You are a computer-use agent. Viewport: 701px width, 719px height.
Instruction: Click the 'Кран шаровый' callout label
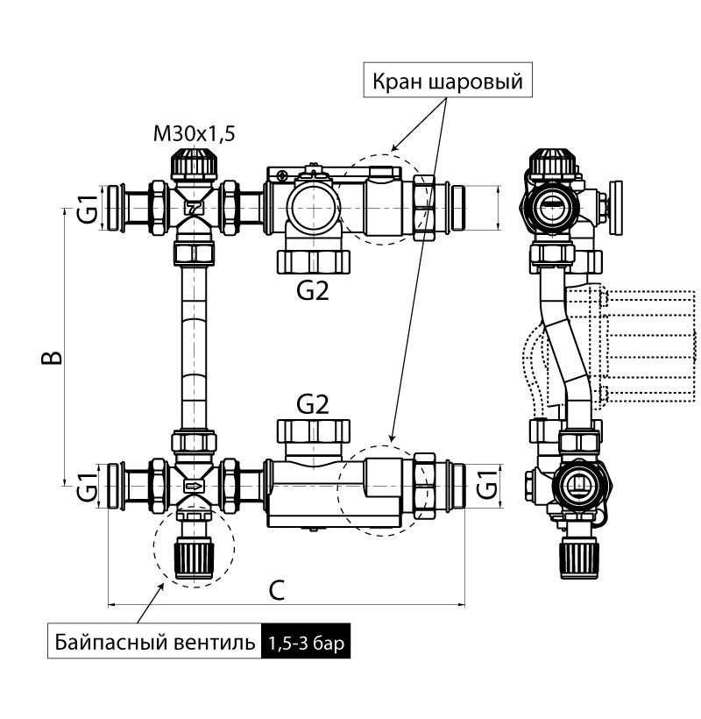(447, 82)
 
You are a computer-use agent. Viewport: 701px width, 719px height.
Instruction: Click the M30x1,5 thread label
(194, 134)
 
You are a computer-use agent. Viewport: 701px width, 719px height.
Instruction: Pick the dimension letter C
(276, 591)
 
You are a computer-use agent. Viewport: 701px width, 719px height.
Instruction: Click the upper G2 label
(313, 290)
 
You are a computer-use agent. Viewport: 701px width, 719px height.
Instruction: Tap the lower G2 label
(313, 404)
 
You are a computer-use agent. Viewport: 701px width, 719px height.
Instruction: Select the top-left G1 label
(85, 209)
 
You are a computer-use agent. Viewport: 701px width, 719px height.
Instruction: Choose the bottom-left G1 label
(85, 484)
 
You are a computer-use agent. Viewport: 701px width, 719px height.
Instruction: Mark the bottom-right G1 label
(488, 484)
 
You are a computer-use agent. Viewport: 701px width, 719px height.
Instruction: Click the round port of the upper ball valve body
(315, 206)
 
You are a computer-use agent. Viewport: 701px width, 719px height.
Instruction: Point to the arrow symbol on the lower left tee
(194, 484)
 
